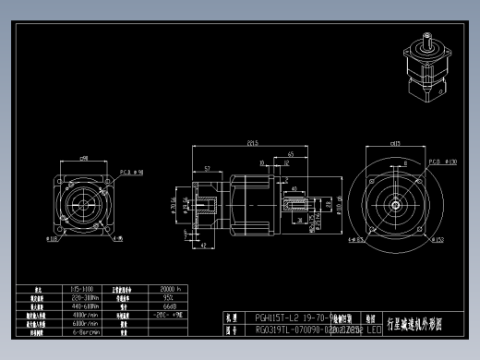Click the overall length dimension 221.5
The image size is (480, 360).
tap(251, 142)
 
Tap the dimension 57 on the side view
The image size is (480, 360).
tap(207, 169)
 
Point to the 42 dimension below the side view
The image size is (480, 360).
tap(202, 246)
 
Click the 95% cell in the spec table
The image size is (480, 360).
tap(169, 297)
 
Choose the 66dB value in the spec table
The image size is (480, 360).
tap(169, 306)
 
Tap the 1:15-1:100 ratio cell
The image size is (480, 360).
tap(82, 289)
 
